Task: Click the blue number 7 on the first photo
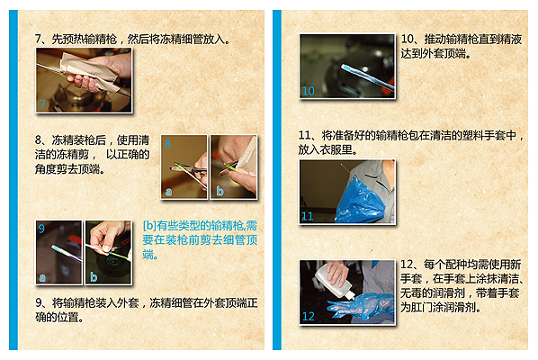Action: [42, 103]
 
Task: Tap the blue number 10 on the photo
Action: [308, 91]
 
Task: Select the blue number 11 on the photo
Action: [307, 216]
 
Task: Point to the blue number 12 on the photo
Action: [308, 316]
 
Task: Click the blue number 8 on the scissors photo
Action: [167, 143]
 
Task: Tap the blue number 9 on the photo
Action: [41, 229]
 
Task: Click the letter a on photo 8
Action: [168, 192]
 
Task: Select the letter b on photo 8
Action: [220, 191]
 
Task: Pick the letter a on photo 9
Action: [42, 277]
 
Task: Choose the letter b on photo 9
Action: [94, 276]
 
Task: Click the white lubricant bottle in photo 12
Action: [333, 281]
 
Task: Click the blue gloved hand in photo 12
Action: [359, 307]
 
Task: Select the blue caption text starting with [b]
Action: [200, 240]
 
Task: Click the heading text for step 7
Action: [132, 39]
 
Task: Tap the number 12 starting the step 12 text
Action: [408, 265]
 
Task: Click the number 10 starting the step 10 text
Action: [408, 39]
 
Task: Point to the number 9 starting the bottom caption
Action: [39, 302]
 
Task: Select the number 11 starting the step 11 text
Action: [305, 135]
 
